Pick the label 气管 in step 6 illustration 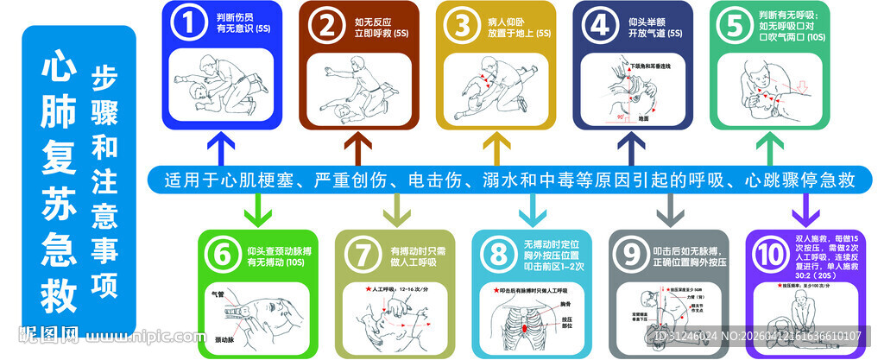[217, 294]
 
